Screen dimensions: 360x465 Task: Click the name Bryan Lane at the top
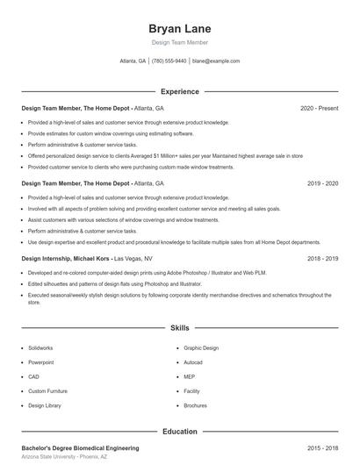179,29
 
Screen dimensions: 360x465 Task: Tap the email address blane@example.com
216,61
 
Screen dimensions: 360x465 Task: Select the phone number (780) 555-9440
169,61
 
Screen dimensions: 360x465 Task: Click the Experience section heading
179,91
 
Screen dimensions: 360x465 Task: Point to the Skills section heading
179,328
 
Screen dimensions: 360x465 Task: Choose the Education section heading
179,432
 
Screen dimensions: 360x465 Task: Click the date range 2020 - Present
319,108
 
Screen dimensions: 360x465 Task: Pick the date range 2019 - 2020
322,184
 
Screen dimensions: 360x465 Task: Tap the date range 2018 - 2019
322,260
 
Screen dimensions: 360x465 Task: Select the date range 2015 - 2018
322,447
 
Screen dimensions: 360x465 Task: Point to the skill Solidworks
40,347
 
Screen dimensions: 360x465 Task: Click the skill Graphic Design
201,347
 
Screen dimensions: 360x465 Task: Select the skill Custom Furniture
48,391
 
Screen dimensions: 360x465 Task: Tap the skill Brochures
196,406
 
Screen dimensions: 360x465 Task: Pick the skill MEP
189,376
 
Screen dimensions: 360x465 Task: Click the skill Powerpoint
40,362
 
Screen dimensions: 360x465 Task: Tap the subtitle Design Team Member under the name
179,43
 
